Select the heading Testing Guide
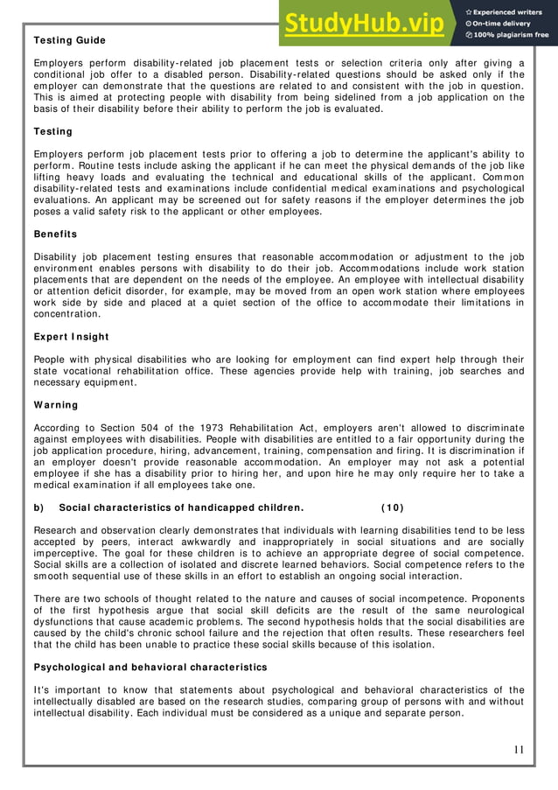(69, 40)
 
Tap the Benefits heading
(55, 234)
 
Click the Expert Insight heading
(72, 337)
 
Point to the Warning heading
(56, 405)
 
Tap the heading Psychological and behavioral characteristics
(150, 667)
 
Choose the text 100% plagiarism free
(512, 36)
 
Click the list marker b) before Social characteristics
(39, 507)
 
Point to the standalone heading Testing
(52, 131)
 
